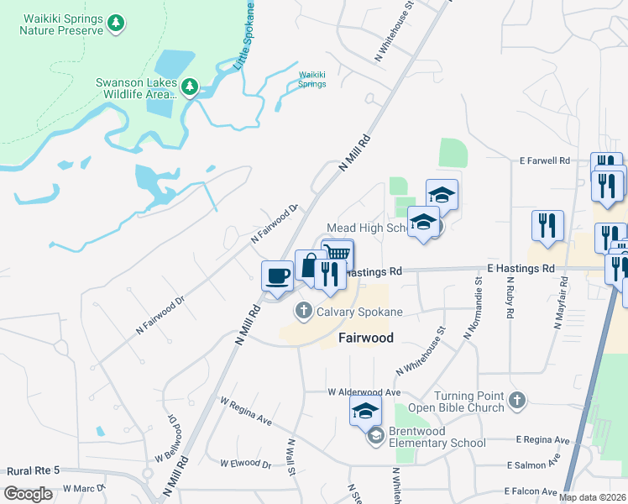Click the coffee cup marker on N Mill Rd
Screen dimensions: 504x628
277,275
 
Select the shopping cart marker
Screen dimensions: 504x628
338,253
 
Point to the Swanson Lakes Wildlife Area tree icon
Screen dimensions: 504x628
190,87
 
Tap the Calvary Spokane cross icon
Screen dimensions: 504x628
304,312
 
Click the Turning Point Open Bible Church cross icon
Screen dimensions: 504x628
516,401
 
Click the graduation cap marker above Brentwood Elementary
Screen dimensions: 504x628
366,411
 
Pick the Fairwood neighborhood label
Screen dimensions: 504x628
366,338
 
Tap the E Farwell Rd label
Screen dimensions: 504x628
544,160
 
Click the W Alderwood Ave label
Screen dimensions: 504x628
364,392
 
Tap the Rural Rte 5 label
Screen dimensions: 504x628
33,471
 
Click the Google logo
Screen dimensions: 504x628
28,493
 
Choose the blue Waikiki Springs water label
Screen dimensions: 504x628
312,80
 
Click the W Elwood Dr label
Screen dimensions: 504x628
246,463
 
